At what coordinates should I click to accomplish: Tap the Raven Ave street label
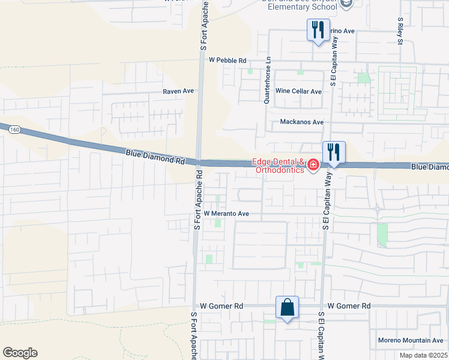coord(178,91)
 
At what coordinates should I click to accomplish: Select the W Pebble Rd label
coord(228,61)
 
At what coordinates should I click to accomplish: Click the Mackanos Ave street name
coord(302,122)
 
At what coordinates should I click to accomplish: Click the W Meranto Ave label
coord(226,214)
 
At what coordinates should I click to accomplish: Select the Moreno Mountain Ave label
coord(409,341)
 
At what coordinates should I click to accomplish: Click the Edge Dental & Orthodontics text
coord(277,165)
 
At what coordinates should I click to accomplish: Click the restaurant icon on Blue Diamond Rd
coord(334,152)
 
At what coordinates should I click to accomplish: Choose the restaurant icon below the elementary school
coord(318,30)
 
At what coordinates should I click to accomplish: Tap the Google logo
coord(20,353)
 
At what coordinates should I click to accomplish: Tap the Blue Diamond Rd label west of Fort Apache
coord(155,157)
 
